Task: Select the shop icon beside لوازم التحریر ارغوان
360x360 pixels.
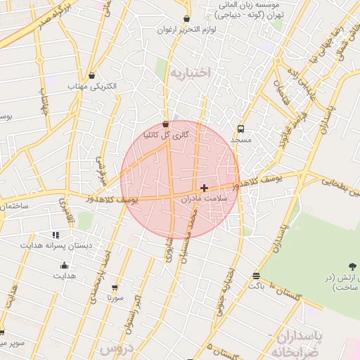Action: point(186,20)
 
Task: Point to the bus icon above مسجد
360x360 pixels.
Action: point(241,129)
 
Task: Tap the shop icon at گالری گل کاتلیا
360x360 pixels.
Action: point(165,124)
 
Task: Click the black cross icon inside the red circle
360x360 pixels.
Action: point(204,188)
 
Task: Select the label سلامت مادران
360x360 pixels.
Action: point(205,199)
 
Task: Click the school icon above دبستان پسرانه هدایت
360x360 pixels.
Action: point(56,235)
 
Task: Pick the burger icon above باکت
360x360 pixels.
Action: point(255,276)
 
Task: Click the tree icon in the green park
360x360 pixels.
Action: point(351,266)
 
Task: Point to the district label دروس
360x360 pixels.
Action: point(115,348)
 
